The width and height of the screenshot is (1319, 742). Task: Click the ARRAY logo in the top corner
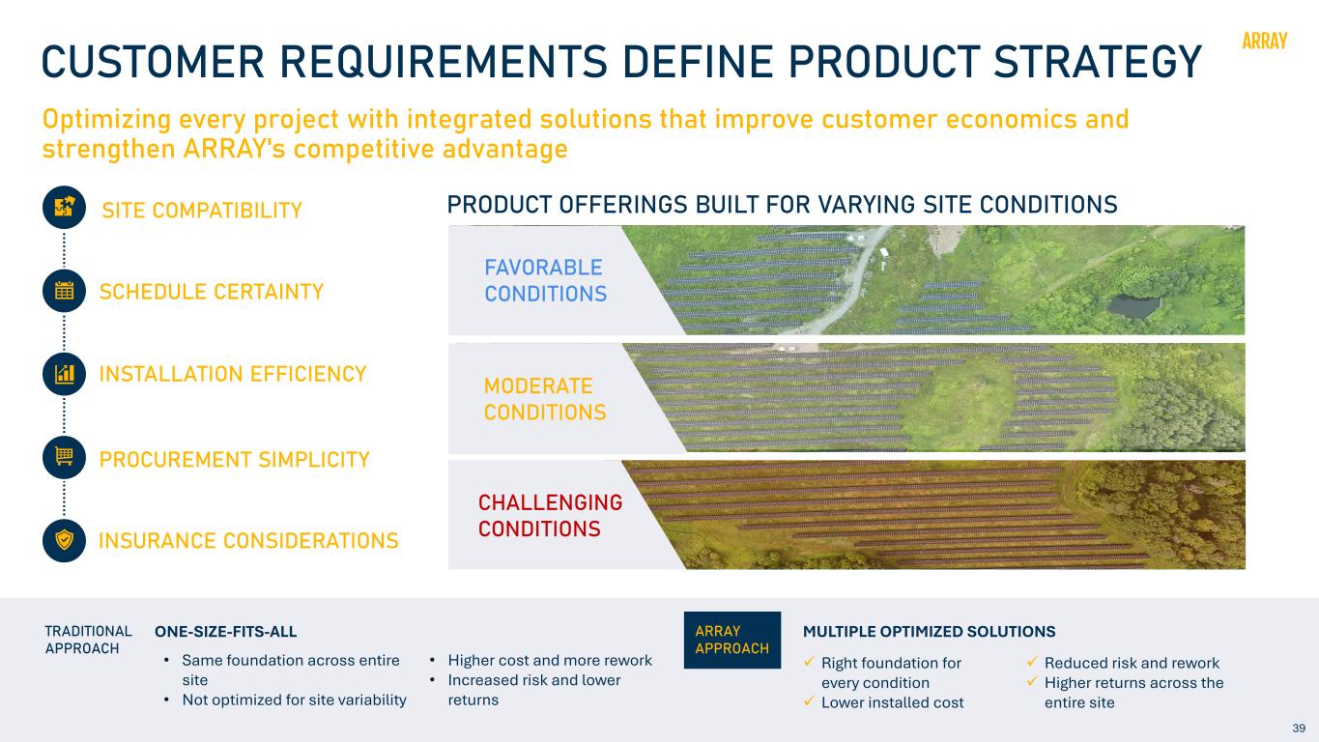pyautogui.click(x=1264, y=41)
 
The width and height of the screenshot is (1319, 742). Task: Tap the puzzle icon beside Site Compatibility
pyautogui.click(x=64, y=208)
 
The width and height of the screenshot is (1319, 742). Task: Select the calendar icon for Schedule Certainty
pyautogui.click(x=64, y=291)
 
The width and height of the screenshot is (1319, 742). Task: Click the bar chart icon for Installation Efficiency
pyautogui.click(x=64, y=374)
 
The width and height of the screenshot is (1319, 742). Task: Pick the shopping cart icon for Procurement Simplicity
pyautogui.click(x=64, y=458)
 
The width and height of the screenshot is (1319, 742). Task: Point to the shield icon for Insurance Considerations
pyautogui.click(x=64, y=541)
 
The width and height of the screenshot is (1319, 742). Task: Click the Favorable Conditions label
pyautogui.click(x=545, y=280)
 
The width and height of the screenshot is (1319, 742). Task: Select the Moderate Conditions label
pyautogui.click(x=545, y=399)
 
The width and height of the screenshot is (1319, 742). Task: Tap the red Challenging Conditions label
pyautogui.click(x=550, y=515)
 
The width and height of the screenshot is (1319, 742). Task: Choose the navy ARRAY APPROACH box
pyautogui.click(x=731, y=641)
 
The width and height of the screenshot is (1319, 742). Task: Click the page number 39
pyautogui.click(x=1299, y=728)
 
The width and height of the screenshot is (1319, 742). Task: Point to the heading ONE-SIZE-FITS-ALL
pyautogui.click(x=225, y=632)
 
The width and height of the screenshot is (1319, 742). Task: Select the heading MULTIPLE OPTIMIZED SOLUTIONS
pyautogui.click(x=930, y=632)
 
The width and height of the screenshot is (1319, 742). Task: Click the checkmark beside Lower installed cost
pyautogui.click(x=809, y=700)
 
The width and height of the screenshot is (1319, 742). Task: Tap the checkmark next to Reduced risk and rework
pyautogui.click(x=1032, y=661)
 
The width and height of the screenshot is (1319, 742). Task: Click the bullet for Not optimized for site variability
pyautogui.click(x=167, y=700)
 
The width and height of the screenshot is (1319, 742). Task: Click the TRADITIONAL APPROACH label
pyautogui.click(x=88, y=641)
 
